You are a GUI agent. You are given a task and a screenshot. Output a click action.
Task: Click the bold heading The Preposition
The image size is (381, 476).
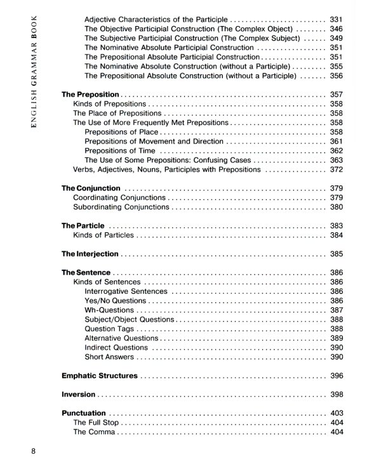coord(90,95)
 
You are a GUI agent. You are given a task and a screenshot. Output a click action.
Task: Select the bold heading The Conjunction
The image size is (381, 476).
coord(91,188)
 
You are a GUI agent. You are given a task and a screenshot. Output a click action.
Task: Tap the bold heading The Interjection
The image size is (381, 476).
coord(90,254)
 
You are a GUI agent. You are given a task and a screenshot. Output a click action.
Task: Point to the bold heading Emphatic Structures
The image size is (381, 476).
coord(100,376)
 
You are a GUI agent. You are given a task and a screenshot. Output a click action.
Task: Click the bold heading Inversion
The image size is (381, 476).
coord(78,394)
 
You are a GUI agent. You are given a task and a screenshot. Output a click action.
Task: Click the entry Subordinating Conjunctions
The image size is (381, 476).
coord(121,207)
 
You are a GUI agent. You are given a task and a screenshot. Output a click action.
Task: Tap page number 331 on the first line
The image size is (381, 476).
coord(337,20)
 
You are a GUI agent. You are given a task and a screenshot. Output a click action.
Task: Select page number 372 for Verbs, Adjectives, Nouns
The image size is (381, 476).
coord(337,169)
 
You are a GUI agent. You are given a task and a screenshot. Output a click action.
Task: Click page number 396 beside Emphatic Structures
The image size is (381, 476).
coord(337,376)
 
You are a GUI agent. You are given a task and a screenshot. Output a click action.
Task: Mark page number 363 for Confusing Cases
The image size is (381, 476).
coord(337,160)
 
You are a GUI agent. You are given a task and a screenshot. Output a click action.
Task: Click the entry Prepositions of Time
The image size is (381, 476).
coord(119,150)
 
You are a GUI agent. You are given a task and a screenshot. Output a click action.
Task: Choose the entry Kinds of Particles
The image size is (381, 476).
coord(104,235)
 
